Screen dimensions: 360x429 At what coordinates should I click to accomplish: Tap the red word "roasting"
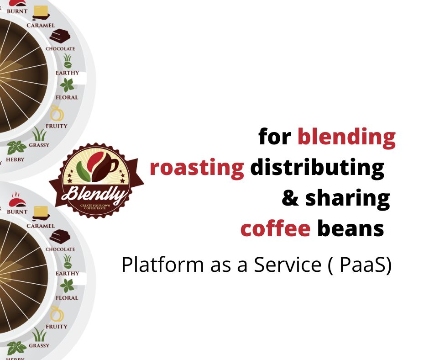click(197, 168)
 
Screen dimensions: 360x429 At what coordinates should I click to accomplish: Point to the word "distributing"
click(317, 168)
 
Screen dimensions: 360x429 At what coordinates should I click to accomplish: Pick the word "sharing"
click(347, 199)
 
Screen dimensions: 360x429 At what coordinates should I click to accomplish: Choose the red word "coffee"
click(275, 228)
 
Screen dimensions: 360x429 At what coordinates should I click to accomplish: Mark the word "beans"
click(351, 228)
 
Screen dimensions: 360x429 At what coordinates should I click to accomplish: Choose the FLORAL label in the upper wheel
click(67, 97)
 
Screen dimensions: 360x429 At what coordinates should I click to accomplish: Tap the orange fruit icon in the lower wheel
click(57, 313)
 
